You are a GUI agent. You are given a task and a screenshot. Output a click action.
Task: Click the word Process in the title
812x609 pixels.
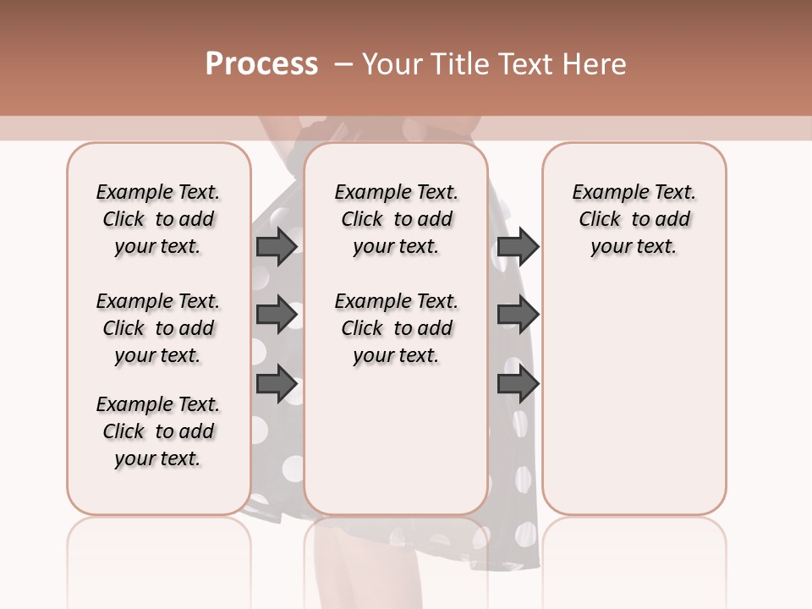click(261, 63)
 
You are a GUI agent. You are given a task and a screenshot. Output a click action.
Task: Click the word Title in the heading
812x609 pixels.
click(458, 63)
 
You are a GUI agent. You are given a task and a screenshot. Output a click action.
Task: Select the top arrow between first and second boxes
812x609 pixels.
click(276, 246)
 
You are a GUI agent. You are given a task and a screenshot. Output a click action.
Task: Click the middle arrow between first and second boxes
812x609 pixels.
click(276, 315)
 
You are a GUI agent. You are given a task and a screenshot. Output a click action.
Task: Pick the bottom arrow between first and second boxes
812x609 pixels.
click(276, 384)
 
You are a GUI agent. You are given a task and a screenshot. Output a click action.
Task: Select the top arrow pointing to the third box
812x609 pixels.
click(518, 246)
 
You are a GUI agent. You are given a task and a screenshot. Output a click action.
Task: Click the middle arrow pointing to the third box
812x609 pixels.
click(518, 315)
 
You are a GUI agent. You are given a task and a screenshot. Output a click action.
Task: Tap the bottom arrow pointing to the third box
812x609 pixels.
click(518, 384)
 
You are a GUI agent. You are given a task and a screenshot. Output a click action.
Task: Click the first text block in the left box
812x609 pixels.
click(158, 219)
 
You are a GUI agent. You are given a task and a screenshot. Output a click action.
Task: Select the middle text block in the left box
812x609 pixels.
click(158, 328)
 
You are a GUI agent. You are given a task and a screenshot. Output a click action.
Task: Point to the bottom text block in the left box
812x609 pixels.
click(158, 431)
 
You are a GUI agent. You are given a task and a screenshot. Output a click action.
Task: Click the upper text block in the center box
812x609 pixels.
click(396, 219)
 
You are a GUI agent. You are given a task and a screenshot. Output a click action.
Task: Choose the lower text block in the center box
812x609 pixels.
click(396, 328)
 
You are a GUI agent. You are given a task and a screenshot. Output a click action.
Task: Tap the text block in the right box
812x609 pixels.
click(634, 219)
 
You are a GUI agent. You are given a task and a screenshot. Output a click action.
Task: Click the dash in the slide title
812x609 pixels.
click(343, 63)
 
